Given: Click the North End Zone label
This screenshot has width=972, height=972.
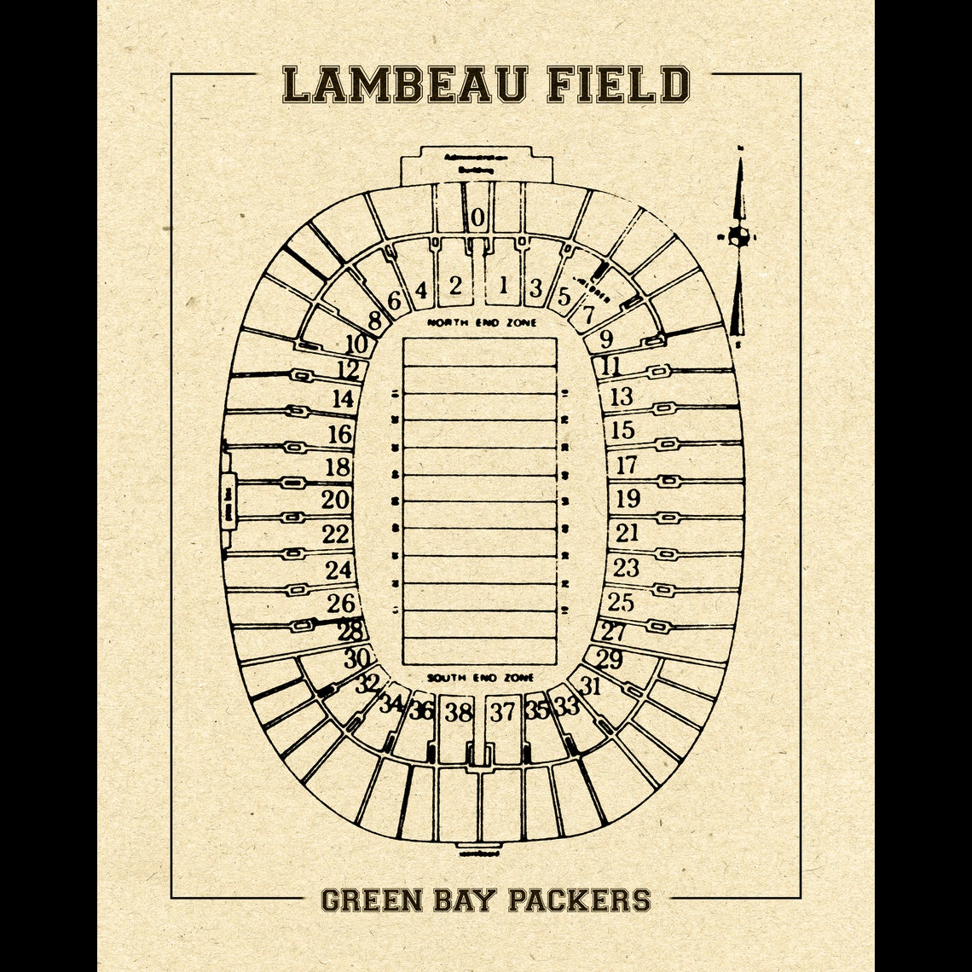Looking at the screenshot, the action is pyautogui.click(x=483, y=323).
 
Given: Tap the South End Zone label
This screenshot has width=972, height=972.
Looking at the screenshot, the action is pyautogui.click(x=480, y=678).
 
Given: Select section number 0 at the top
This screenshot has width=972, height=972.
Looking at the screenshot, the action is pyautogui.click(x=477, y=218).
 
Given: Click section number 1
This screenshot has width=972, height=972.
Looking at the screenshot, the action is pyautogui.click(x=503, y=285).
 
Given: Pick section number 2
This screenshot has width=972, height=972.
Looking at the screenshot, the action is pyautogui.click(x=456, y=285).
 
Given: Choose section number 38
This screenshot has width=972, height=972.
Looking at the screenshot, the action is pyautogui.click(x=459, y=712).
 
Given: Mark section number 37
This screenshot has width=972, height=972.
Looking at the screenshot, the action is pyautogui.click(x=503, y=711).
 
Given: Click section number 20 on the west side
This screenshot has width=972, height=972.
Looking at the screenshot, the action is pyautogui.click(x=336, y=500).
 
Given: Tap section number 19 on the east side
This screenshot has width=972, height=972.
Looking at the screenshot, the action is pyautogui.click(x=628, y=498).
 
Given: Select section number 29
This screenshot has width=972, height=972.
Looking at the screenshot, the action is pyautogui.click(x=610, y=659).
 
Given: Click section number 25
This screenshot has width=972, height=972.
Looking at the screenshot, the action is pyautogui.click(x=621, y=602).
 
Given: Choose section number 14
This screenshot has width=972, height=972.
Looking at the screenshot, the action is pyautogui.click(x=343, y=399).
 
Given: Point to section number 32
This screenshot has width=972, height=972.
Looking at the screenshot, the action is pyautogui.click(x=367, y=683).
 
